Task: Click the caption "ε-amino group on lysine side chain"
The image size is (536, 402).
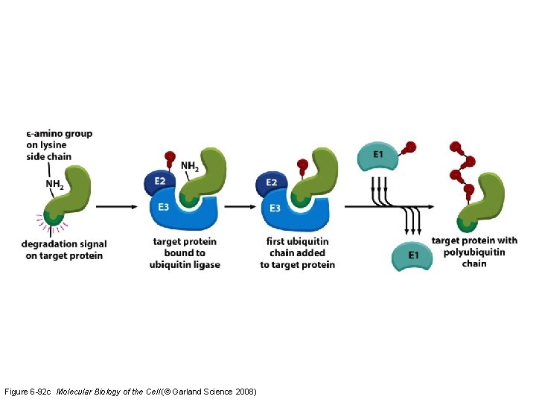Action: (58, 145)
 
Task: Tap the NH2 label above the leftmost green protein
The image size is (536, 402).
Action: (54, 184)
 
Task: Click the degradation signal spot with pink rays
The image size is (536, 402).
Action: (53, 218)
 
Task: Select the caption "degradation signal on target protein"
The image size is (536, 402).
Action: (64, 249)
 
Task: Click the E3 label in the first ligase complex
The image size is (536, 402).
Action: (164, 206)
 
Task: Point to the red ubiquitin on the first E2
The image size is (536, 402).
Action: (167, 158)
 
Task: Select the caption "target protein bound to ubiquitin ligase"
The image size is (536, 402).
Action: (185, 253)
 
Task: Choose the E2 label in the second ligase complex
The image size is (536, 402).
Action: (272, 183)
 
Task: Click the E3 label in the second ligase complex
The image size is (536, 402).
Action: (275, 208)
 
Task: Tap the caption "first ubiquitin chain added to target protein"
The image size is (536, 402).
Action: (298, 253)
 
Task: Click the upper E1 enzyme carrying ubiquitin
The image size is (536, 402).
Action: (379, 156)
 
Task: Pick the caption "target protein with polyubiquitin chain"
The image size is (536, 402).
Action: (474, 252)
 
